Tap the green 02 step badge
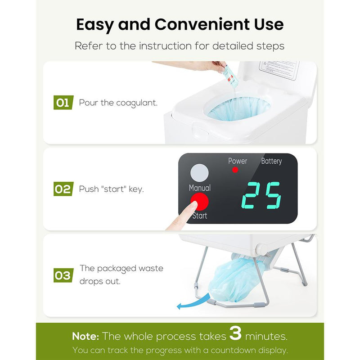63,189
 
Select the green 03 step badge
63,275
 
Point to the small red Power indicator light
234,170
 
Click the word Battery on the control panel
271,161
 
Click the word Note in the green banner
85,336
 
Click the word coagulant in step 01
137,103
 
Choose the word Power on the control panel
237,161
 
